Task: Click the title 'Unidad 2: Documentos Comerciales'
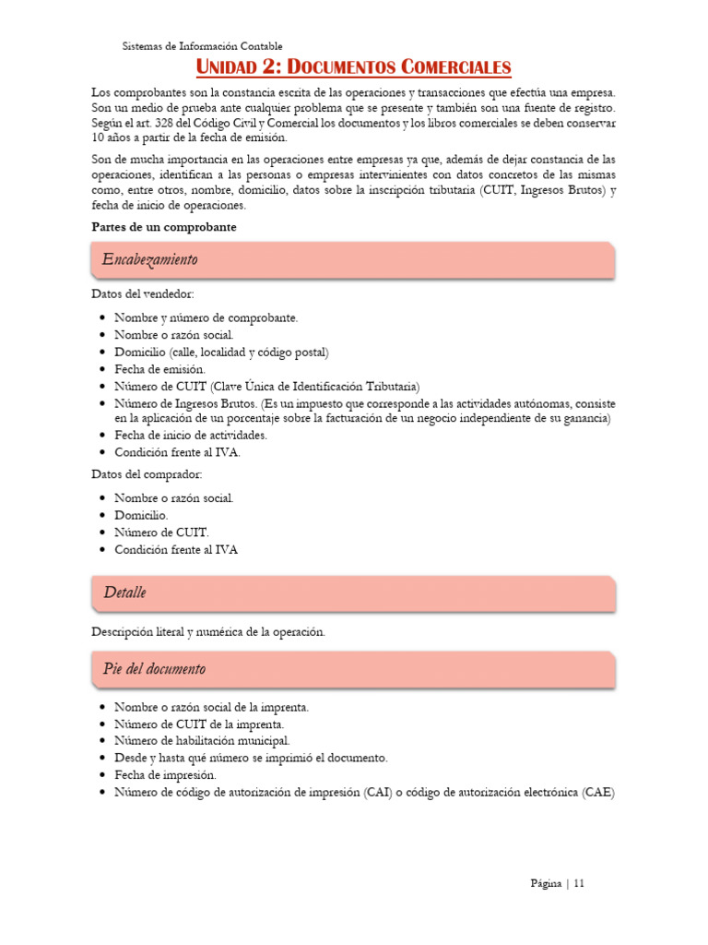tap(354, 67)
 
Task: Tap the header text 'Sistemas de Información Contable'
tap(203, 45)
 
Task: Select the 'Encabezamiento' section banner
tap(352, 259)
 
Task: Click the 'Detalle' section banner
tap(352, 592)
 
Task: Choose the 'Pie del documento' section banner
tap(352, 669)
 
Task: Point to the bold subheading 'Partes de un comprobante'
tap(164, 227)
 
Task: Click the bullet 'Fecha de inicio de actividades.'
tap(191, 435)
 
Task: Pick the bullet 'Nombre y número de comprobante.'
tap(206, 317)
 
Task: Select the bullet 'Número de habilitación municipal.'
tap(202, 740)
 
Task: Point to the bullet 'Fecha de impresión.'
tap(165, 775)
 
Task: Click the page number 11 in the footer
tap(579, 883)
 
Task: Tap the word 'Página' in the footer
tap(546, 883)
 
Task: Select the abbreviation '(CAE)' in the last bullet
tap(597, 793)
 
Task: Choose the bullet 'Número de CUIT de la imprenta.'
tap(199, 724)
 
